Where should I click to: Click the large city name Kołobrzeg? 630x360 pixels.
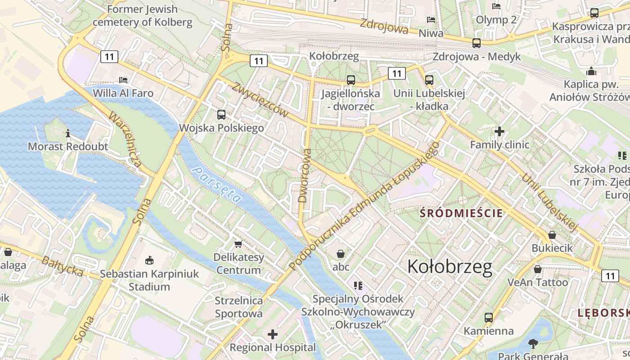(450, 267)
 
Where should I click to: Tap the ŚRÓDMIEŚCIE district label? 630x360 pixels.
(461, 213)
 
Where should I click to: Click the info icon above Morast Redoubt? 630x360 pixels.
(68, 133)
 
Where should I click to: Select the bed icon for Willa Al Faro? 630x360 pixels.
(123, 80)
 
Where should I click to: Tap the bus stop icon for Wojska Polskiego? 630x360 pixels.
(221, 115)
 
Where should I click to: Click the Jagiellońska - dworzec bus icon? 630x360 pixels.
(351, 80)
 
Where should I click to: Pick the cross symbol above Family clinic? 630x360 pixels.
(499, 131)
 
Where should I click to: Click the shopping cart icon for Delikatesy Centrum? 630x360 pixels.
(238, 244)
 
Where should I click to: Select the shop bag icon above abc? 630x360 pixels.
(341, 254)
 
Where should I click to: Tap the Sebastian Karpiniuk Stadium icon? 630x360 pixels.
(149, 260)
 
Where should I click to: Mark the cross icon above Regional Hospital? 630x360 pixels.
(273, 334)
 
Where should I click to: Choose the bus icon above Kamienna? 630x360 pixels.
(489, 318)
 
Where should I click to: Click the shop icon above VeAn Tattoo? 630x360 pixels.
(537, 269)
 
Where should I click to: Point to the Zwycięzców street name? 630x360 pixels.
(260, 100)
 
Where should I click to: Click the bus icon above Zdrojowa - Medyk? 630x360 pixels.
(476, 43)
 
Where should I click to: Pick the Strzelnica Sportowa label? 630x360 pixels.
(238, 306)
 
